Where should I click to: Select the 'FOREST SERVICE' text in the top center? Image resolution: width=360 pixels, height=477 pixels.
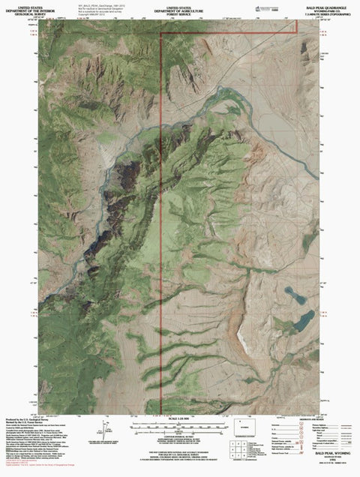coord(180,13)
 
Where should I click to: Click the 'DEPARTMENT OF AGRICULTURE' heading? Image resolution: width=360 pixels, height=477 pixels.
coord(180,8)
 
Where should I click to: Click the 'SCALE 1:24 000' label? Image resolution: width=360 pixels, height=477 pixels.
coord(180,417)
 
